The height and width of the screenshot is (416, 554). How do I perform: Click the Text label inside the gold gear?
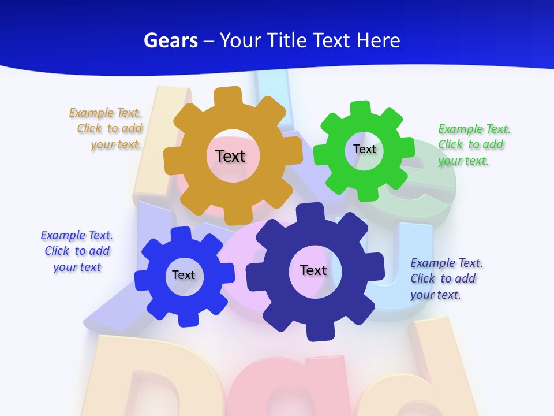[230, 156]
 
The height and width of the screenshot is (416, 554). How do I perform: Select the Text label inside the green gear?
[365, 149]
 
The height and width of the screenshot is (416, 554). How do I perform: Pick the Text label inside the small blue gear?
[184, 275]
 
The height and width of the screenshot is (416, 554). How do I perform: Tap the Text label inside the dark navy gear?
[313, 270]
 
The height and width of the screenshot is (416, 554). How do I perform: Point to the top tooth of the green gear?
[361, 109]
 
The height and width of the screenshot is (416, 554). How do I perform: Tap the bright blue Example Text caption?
[77, 251]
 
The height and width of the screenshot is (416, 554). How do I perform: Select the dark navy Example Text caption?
[446, 278]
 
